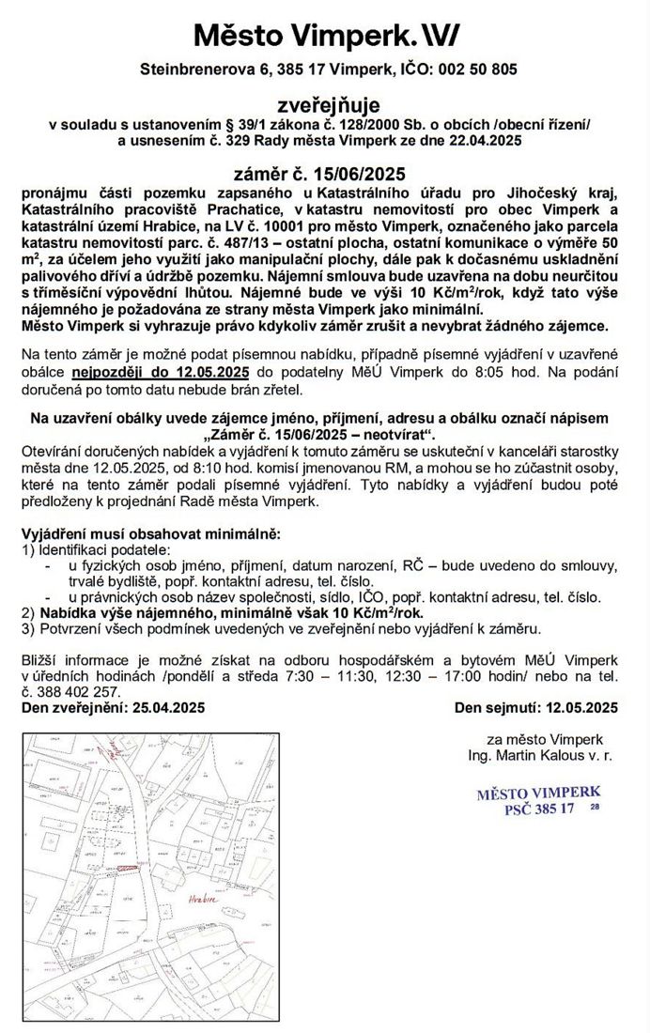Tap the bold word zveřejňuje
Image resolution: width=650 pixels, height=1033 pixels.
(x=325, y=106)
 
